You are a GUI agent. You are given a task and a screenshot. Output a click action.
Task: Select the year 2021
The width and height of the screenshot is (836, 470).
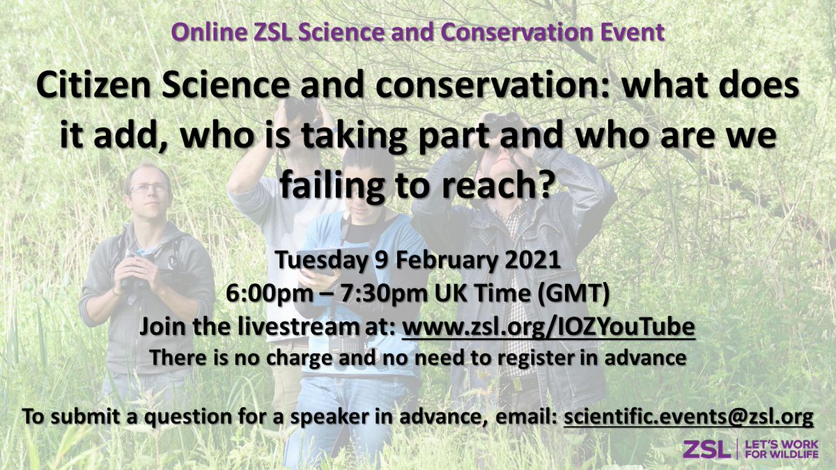tap(532, 262)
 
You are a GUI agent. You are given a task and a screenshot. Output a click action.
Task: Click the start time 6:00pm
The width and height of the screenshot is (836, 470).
tap(265, 295)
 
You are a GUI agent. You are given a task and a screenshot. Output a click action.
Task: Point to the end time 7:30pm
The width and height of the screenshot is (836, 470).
tap(379, 295)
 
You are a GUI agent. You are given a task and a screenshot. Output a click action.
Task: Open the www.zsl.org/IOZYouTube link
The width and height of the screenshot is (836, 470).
tap(549, 327)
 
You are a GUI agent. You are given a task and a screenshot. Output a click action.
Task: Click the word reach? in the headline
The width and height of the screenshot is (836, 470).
tap(504, 187)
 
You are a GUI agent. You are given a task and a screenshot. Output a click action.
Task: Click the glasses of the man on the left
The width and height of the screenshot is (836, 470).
tap(148, 188)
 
